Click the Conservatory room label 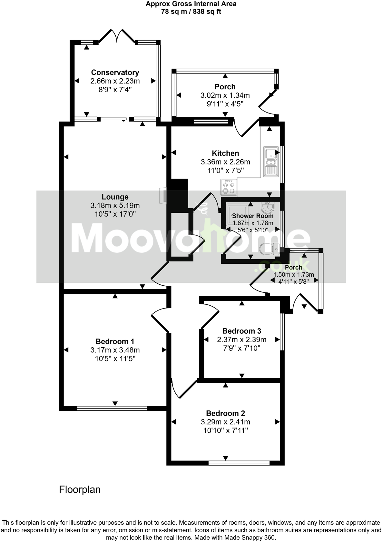(115, 73)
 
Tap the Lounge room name (115, 197)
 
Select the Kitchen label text (225, 153)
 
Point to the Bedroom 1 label (115, 341)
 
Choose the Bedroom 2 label (225, 413)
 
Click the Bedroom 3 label (241, 331)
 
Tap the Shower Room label (253, 216)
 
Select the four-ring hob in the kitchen (229, 187)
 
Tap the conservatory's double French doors (117, 36)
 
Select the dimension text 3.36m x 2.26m (225, 162)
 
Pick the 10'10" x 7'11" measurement (225, 430)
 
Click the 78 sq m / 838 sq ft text (191, 12)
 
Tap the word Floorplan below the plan (80, 490)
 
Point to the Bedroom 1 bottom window (112, 408)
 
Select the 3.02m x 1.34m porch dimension (225, 95)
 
